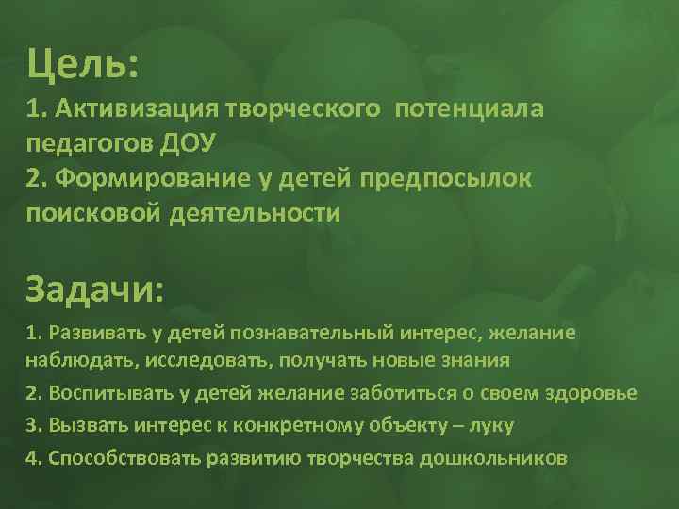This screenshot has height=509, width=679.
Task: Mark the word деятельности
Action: point(256,213)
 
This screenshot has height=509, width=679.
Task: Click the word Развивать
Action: point(94,333)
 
